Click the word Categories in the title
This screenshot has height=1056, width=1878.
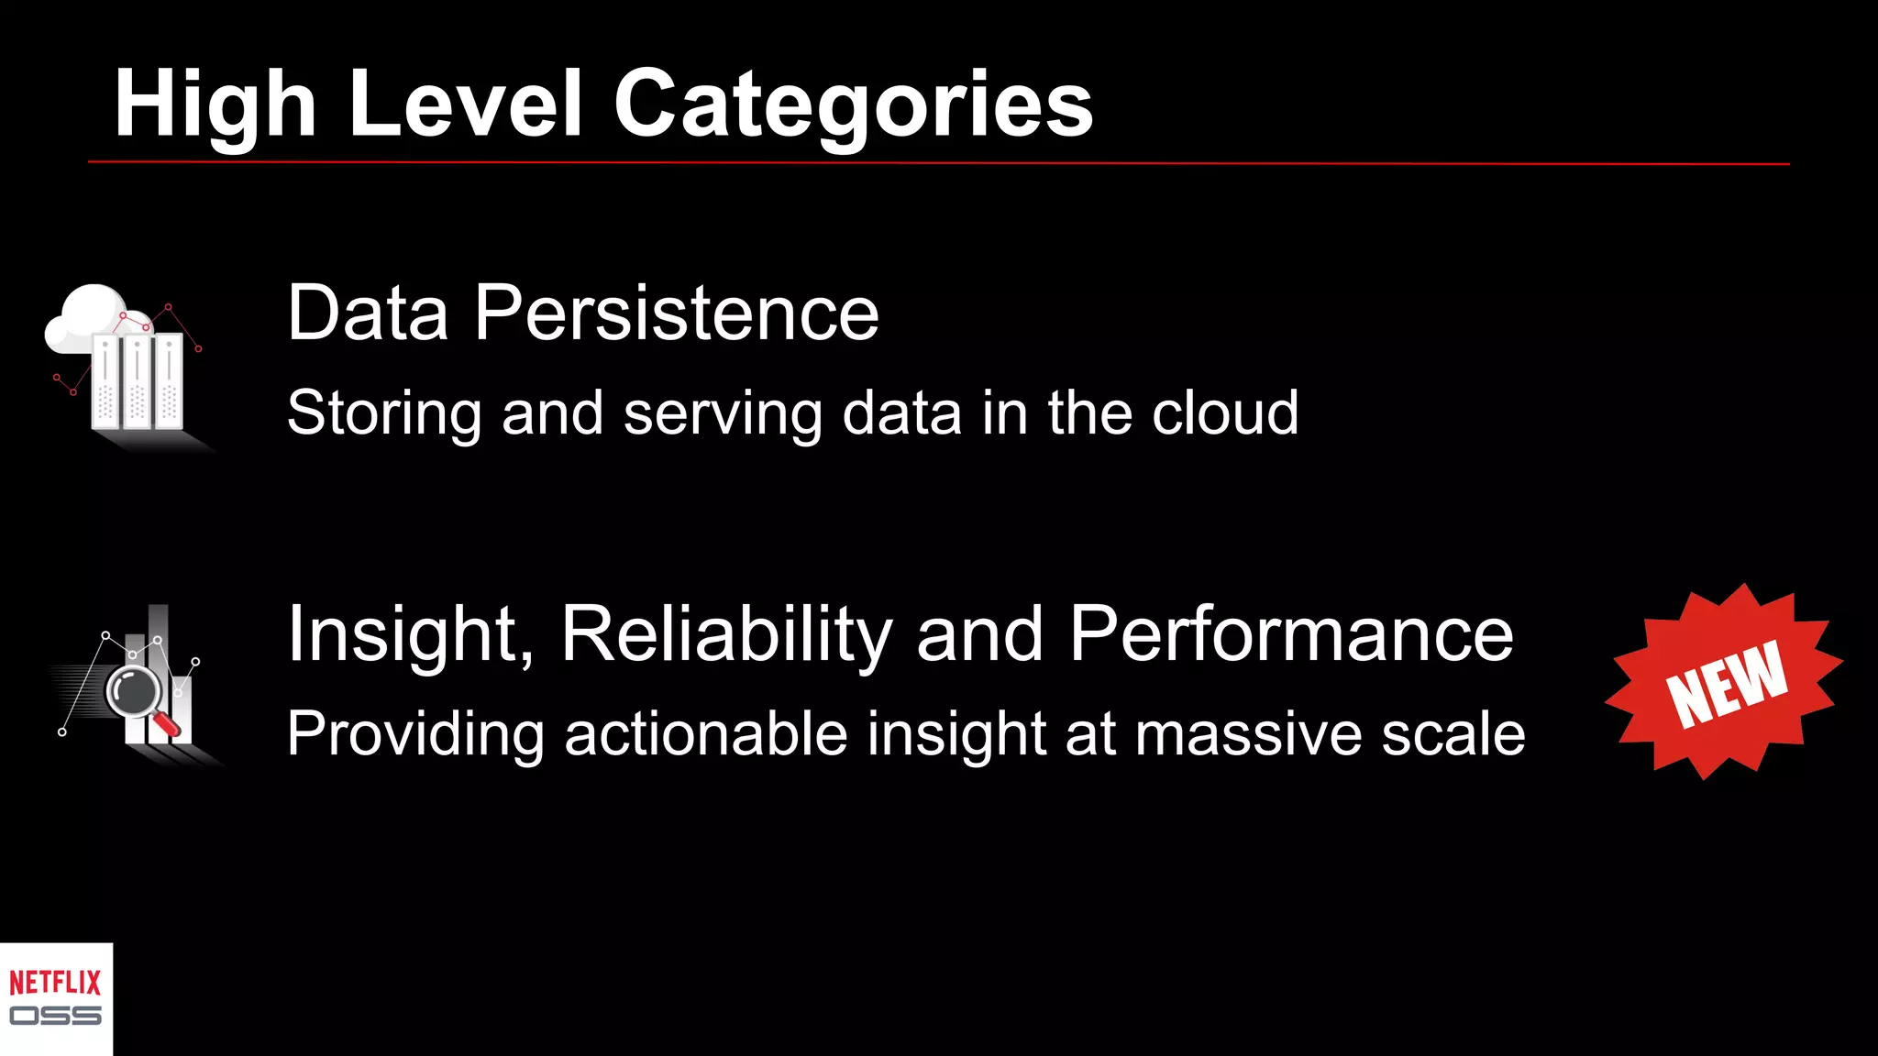click(x=853, y=104)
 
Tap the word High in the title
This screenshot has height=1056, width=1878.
click(x=215, y=104)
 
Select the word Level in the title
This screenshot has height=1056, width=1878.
click(x=465, y=104)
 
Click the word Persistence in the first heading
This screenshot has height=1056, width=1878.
click(x=676, y=313)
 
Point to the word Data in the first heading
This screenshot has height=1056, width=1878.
click(x=368, y=313)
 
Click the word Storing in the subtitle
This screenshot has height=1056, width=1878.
click(x=383, y=413)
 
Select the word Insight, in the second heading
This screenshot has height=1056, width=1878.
click(x=411, y=634)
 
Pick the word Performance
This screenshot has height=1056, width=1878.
click(x=1291, y=634)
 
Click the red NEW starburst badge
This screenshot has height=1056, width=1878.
click(x=1724, y=683)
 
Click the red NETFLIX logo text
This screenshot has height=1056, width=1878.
click(x=55, y=983)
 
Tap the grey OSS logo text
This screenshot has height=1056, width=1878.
click(x=55, y=1016)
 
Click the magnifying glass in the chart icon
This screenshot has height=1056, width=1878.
click(x=135, y=692)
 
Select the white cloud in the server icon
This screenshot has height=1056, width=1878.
click(x=87, y=316)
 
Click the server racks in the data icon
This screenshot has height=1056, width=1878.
click(x=138, y=380)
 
